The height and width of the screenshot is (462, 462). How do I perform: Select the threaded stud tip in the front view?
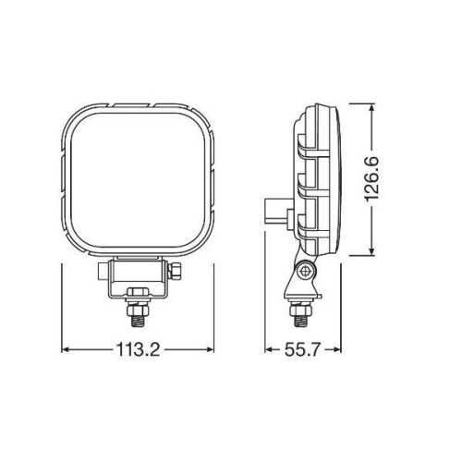pos(139,318)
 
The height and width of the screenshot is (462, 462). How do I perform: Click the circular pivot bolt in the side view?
pos(303,270)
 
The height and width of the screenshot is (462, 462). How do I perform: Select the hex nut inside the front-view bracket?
pos(139,294)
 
